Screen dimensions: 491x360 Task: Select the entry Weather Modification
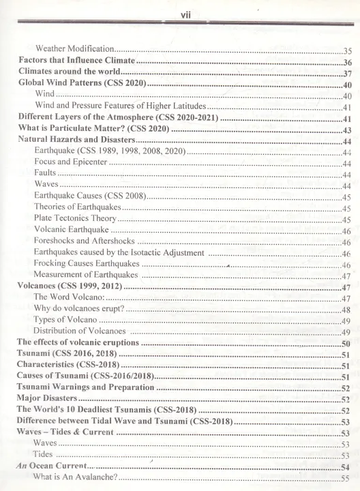point(74,50)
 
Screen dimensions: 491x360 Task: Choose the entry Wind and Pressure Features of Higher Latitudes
point(120,106)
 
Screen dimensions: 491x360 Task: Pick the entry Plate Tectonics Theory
point(75,219)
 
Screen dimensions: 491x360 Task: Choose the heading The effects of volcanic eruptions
point(78,342)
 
